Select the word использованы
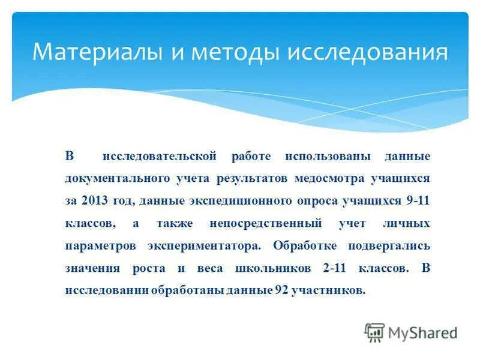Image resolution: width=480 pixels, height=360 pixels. pyautogui.click(x=327, y=157)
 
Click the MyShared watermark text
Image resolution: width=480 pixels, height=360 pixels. pyautogui.click(x=422, y=332)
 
